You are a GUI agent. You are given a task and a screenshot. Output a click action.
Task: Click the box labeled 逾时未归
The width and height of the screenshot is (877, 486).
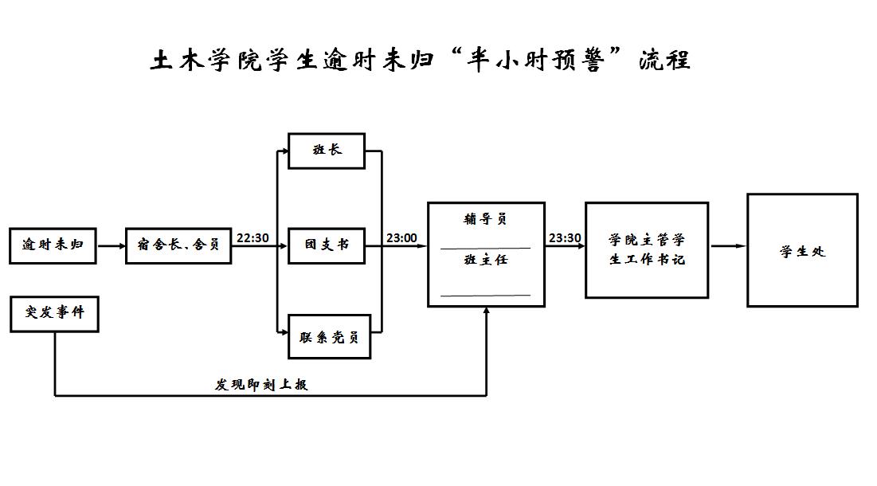pyautogui.click(x=53, y=245)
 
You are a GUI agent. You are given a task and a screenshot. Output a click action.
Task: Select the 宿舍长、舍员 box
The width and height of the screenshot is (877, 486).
pyautogui.click(x=178, y=245)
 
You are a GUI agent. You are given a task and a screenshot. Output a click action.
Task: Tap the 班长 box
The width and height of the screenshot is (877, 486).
pyautogui.click(x=327, y=151)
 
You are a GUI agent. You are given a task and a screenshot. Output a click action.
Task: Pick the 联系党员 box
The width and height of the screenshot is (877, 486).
pyautogui.click(x=329, y=337)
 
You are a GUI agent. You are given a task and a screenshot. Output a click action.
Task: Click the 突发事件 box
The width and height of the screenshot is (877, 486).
pyautogui.click(x=53, y=313)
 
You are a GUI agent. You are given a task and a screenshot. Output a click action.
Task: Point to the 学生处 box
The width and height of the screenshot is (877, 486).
pyautogui.click(x=801, y=251)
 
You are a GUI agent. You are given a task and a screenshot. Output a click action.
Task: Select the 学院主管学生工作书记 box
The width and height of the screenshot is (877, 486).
pyautogui.click(x=646, y=249)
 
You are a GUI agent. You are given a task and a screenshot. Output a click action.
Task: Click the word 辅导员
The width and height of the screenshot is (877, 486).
pyautogui.click(x=485, y=219)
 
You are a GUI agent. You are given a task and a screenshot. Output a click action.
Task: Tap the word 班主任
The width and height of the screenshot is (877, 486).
pyautogui.click(x=485, y=260)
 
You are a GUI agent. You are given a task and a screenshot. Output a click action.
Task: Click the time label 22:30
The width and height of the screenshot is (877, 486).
pyautogui.click(x=253, y=238)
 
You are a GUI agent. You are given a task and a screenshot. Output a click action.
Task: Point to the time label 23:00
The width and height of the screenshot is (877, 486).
pyautogui.click(x=401, y=238)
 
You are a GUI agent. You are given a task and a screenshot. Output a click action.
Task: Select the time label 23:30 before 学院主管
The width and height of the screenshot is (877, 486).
pyautogui.click(x=565, y=238)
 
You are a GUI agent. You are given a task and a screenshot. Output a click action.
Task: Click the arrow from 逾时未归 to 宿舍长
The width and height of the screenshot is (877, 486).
pyautogui.click(x=112, y=246)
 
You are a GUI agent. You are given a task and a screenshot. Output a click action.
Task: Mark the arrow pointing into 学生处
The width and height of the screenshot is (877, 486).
pyautogui.click(x=728, y=246)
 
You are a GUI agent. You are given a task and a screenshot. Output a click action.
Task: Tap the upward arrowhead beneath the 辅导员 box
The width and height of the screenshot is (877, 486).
pyautogui.click(x=486, y=312)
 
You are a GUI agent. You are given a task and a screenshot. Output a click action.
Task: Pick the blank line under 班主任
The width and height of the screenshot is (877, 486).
pyautogui.click(x=485, y=296)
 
